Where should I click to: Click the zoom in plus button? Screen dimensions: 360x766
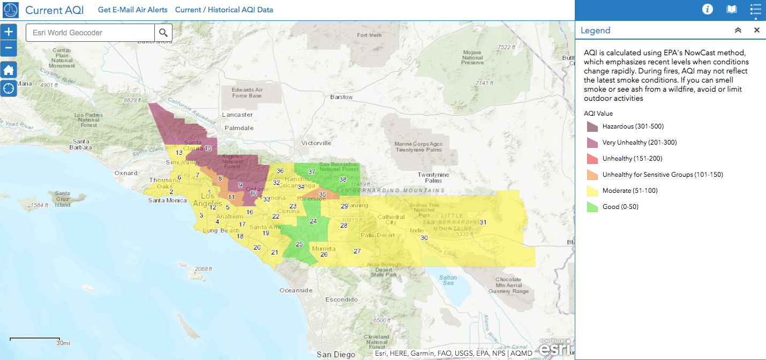click(9, 32)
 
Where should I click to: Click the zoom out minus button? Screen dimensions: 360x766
click(9, 49)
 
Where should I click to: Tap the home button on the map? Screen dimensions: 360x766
click(9, 70)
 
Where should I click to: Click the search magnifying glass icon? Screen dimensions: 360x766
click(163, 33)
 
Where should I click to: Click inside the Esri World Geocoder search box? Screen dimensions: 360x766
click(90, 33)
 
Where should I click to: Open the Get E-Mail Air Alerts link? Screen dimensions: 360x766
click(132, 10)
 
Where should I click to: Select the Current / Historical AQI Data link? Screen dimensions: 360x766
click(224, 10)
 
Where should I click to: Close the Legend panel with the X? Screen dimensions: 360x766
click(757, 30)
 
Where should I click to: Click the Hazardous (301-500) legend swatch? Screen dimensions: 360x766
click(592, 126)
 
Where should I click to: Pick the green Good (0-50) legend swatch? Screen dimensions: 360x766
click(592, 207)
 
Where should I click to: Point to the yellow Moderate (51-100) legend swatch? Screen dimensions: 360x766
click(592, 191)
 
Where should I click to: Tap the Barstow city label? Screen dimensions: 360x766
click(341, 97)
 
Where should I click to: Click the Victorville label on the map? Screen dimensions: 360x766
click(316, 143)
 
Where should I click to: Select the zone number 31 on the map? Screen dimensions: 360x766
click(483, 222)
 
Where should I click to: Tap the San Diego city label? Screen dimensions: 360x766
click(335, 354)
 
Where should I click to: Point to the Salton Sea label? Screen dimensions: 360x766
click(448, 280)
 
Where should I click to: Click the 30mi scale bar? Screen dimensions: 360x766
click(35, 340)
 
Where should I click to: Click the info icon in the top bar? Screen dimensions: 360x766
click(708, 9)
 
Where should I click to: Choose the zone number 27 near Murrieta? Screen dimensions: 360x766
click(357, 251)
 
